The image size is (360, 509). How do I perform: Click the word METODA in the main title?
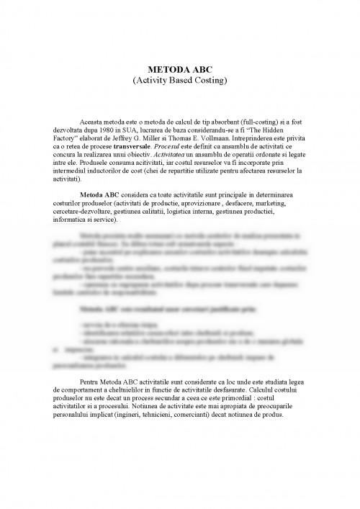[x=169, y=69]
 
